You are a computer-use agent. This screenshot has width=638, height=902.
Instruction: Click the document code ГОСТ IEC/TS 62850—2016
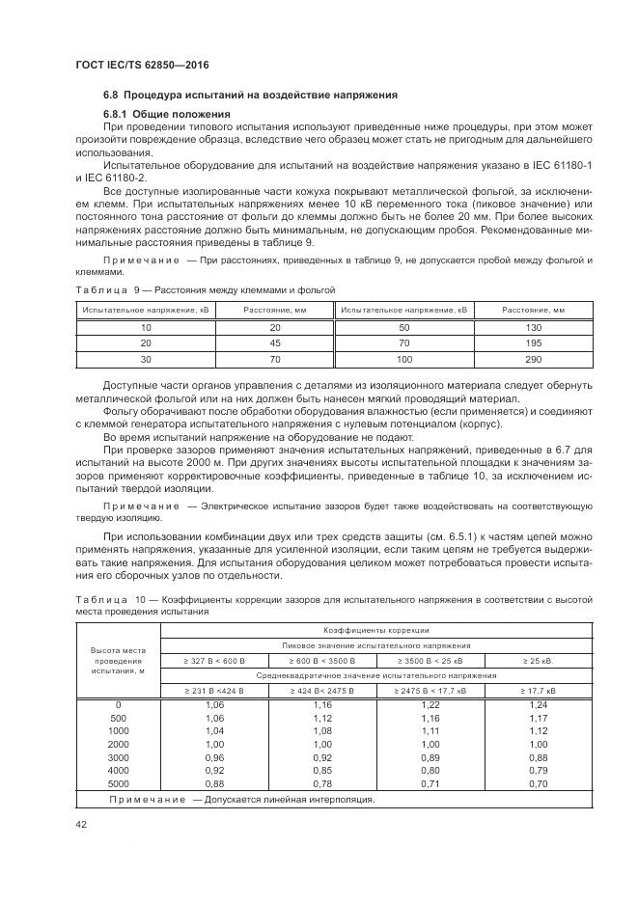142,65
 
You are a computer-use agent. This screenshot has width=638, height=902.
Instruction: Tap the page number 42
82,825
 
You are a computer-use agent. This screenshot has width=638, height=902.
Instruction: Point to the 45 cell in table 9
274,343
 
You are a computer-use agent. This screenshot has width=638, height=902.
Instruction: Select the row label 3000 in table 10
119,758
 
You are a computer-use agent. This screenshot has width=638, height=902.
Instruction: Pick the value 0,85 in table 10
322,770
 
